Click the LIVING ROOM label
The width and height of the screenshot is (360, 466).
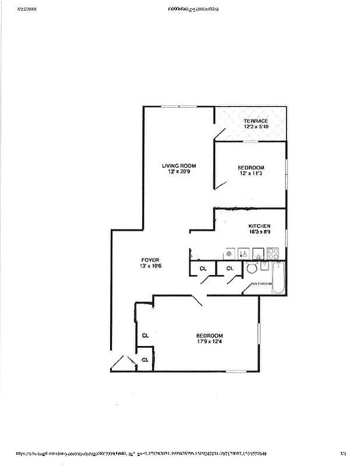click(x=179, y=166)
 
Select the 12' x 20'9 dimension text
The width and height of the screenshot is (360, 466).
click(x=179, y=172)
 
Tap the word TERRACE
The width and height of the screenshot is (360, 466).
click(x=256, y=121)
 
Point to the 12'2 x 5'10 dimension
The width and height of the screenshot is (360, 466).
click(x=256, y=126)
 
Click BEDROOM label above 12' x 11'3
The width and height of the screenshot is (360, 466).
click(x=251, y=167)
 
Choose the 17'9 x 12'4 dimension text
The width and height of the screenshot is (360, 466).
click(x=209, y=343)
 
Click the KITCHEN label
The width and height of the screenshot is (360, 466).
click(x=259, y=226)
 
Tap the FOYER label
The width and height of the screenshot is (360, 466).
click(x=150, y=260)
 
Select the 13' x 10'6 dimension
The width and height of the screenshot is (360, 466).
click(x=150, y=266)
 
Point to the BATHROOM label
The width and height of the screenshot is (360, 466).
click(x=262, y=284)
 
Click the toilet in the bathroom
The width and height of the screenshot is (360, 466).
click(x=252, y=268)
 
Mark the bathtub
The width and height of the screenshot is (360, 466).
click(x=278, y=278)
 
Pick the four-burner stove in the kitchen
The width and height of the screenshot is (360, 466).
click(x=273, y=253)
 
